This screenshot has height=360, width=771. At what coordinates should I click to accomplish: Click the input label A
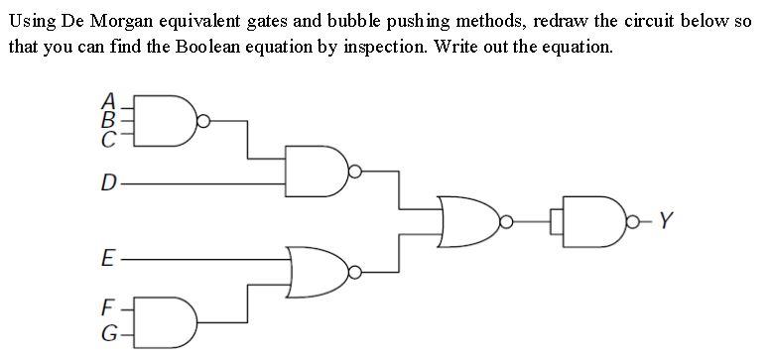pos(110,99)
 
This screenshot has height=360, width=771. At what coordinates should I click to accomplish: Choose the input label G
pos(110,332)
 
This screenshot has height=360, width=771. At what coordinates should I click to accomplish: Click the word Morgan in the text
pos(150,22)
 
